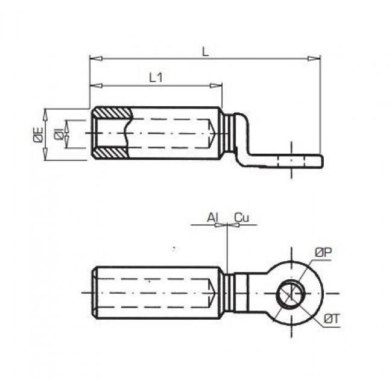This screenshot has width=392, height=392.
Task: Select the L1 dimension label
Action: (x=156, y=78)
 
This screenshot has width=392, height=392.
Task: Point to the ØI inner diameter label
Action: (x=58, y=134)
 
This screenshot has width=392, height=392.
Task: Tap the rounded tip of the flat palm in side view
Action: (x=320, y=160)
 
